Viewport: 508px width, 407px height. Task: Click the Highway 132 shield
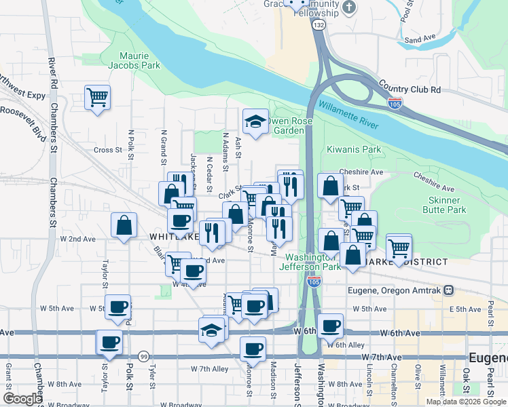point(319,24)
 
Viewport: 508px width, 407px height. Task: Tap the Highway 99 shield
point(143,356)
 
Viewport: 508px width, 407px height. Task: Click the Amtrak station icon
point(449,290)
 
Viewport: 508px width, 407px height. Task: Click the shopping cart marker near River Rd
point(98,97)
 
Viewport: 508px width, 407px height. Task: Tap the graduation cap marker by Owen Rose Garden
point(255,122)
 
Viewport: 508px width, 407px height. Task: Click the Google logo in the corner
point(22,399)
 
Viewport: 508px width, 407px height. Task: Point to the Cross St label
point(107,150)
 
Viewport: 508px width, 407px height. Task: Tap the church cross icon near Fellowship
point(349,8)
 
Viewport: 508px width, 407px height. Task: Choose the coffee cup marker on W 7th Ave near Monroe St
point(253,349)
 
